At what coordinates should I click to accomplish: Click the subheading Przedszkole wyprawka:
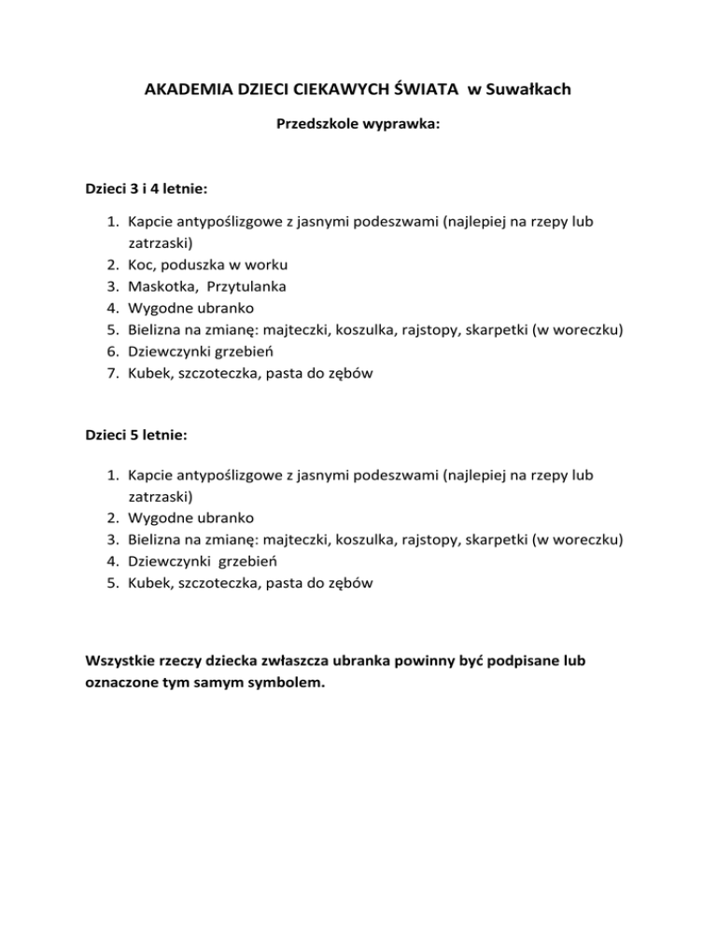[x=358, y=122]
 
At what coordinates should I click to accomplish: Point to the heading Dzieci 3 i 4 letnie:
[x=146, y=188]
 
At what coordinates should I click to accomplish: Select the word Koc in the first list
[x=141, y=264]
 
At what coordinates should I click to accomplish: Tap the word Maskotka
[x=161, y=285]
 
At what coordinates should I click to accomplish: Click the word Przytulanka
[x=247, y=285]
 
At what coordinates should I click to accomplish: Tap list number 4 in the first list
[x=111, y=307]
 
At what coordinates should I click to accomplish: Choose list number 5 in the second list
[x=111, y=583]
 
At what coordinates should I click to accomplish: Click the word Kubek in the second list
[x=149, y=583]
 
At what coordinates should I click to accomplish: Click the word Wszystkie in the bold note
[x=121, y=661]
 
